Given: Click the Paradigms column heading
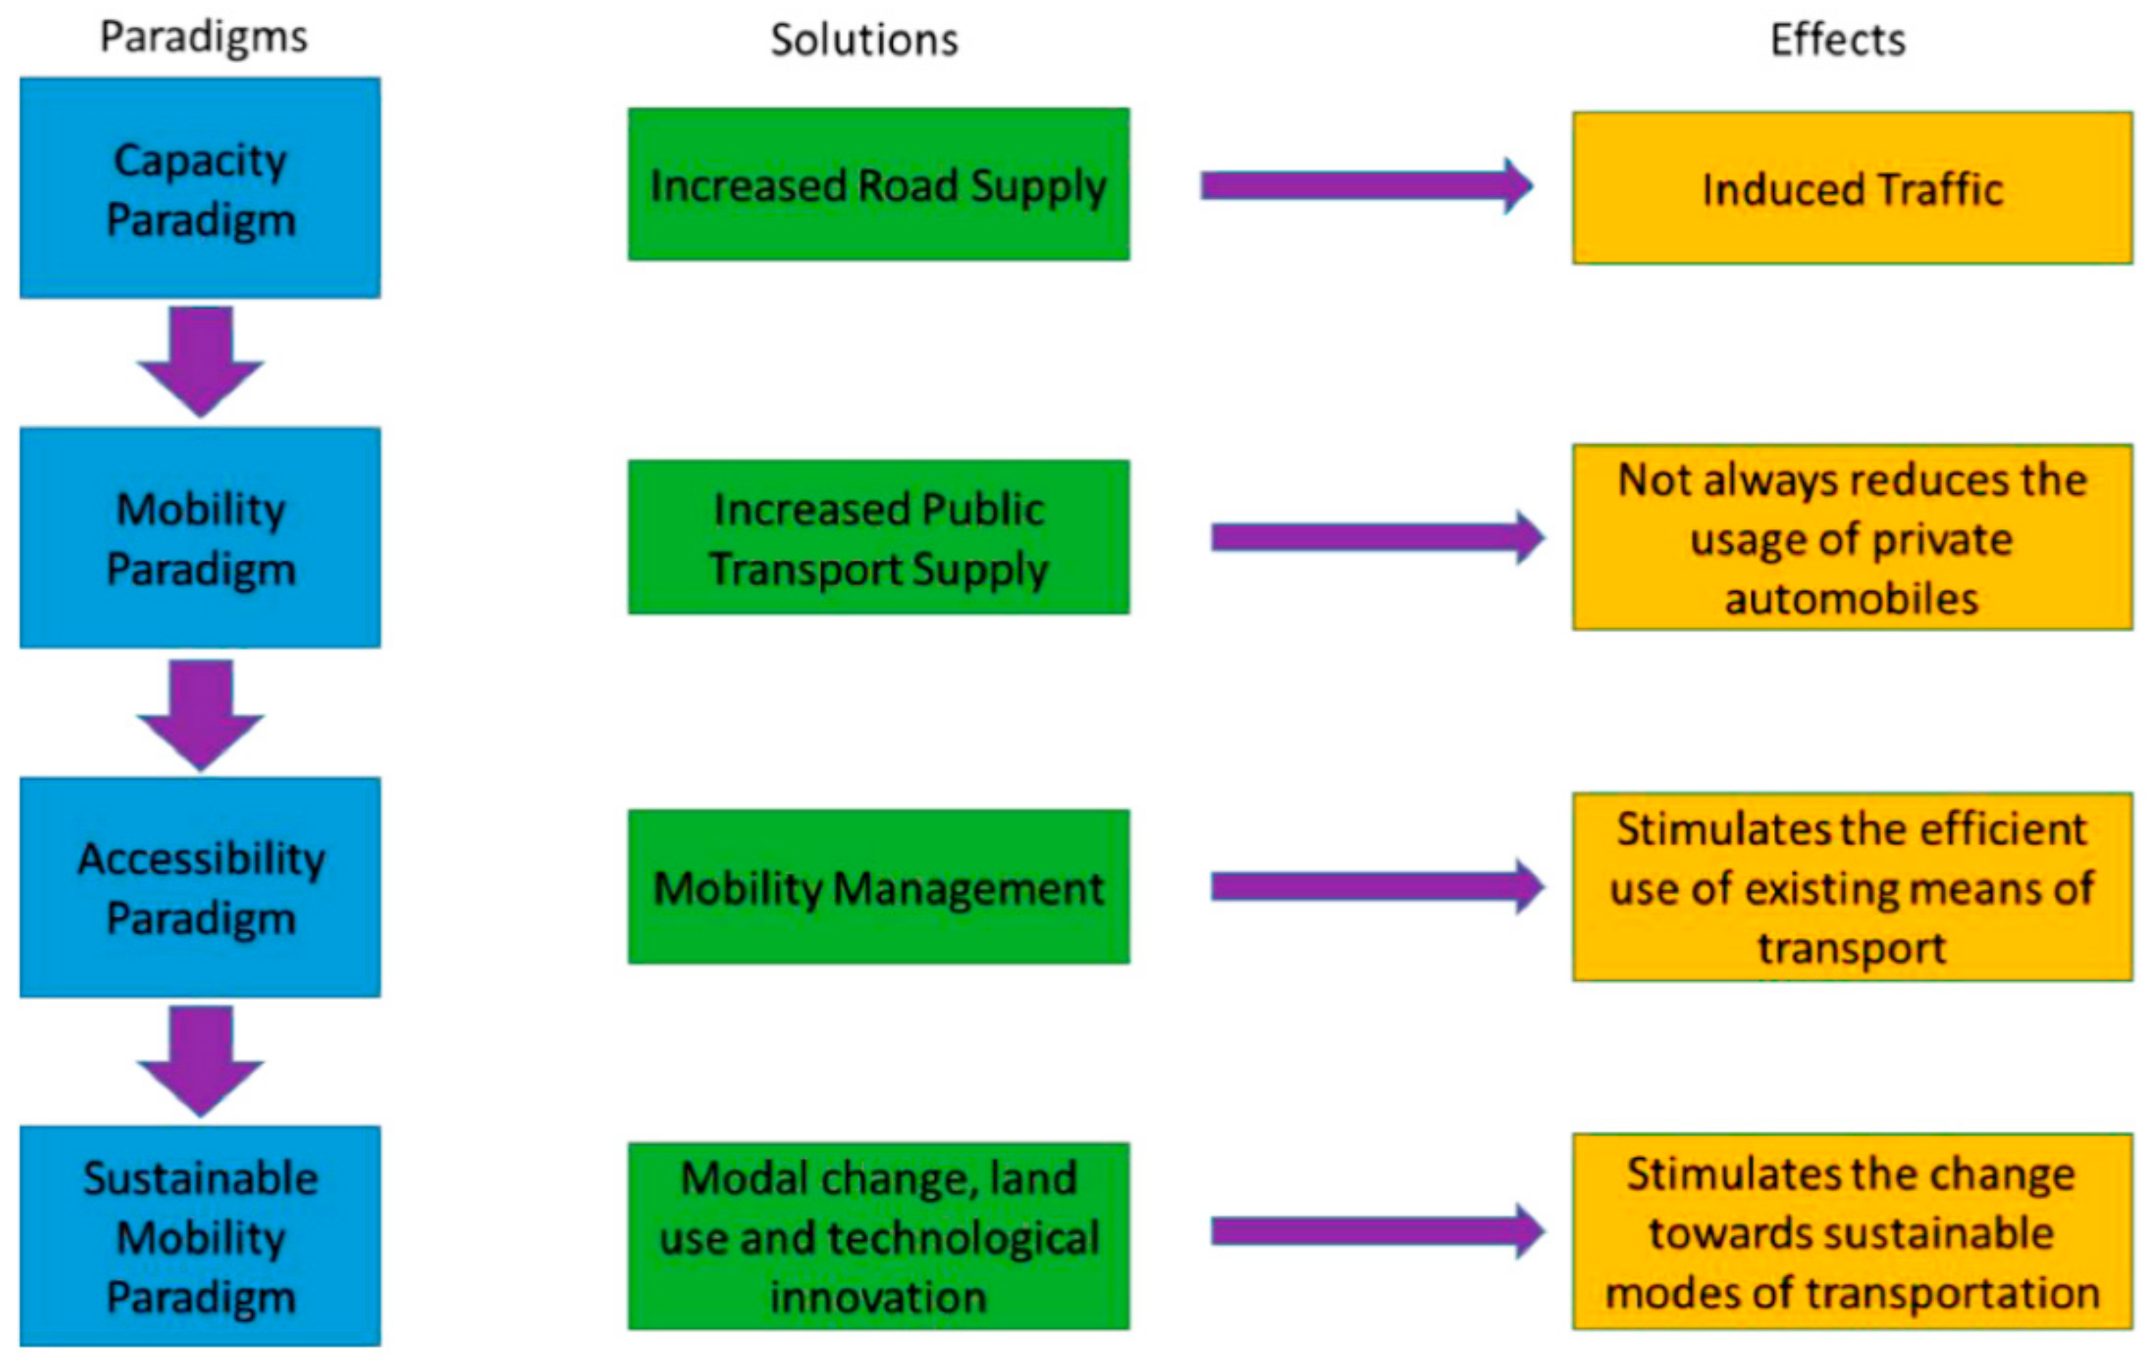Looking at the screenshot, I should point(203,38).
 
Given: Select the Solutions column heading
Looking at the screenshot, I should point(864,40).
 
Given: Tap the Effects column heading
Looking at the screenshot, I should point(1837,40).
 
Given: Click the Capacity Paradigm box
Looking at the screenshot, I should point(200,187).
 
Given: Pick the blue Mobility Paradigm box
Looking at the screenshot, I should point(200,537).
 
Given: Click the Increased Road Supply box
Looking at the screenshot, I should point(878,185).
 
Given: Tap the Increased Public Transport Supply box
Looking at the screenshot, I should point(878,537).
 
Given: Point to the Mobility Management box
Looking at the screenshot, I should point(878,887).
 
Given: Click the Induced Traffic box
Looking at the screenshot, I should point(1852,188).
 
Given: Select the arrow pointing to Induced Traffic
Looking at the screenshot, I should point(1365,186).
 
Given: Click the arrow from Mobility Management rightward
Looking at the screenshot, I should point(1376,887).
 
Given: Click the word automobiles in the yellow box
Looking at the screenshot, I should point(1851,598).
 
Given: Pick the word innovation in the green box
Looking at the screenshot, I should point(878,1297).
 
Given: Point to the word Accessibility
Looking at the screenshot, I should point(202,859).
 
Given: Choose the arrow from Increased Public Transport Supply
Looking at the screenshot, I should point(1376,537).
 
